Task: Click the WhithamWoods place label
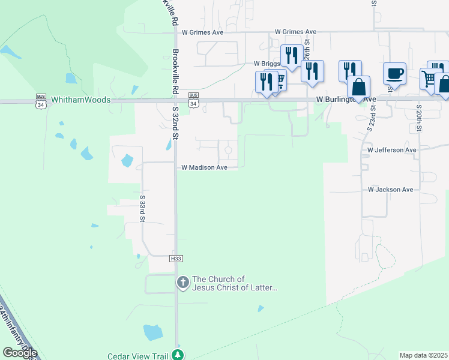pyautogui.click(x=80, y=100)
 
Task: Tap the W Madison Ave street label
pyautogui.click(x=204, y=168)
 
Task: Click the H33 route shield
pyautogui.click(x=175, y=259)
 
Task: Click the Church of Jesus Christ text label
pyautogui.click(x=235, y=283)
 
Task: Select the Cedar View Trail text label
pyautogui.click(x=137, y=355)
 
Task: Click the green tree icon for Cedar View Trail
pyautogui.click(x=177, y=355)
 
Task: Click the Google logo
pyautogui.click(x=20, y=353)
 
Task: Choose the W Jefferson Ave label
pyautogui.click(x=392, y=150)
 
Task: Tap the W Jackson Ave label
pyautogui.click(x=391, y=190)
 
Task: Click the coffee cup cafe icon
pyautogui.click(x=394, y=74)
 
